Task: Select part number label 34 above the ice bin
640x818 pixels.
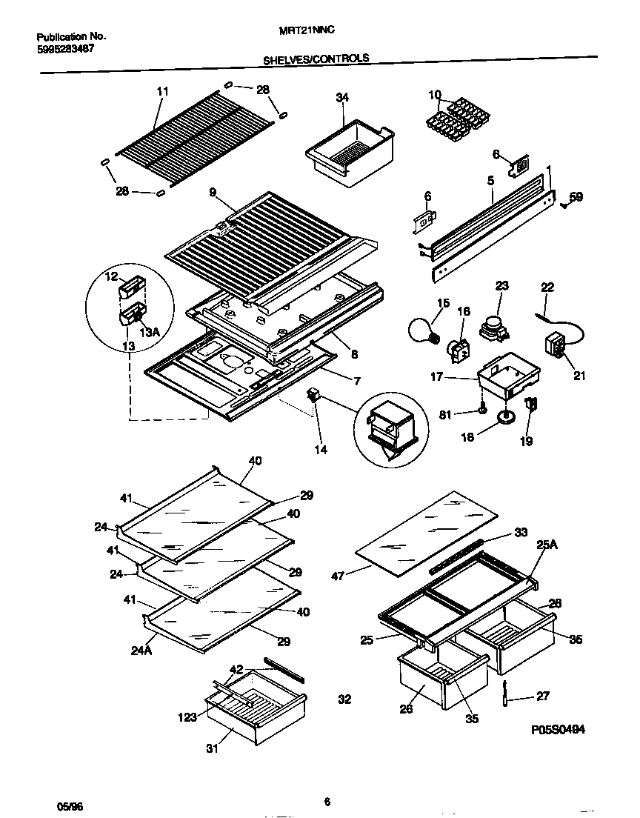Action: pos(341,97)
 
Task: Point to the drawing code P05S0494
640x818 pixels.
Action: pos(558,730)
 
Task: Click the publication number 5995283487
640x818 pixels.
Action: pos(65,49)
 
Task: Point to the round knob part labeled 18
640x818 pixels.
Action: pos(506,419)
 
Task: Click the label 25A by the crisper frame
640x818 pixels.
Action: pos(546,545)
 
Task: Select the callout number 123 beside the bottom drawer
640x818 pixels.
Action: pos(187,717)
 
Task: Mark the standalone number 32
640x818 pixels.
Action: pos(344,699)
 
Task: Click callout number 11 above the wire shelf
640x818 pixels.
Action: pos(163,91)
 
